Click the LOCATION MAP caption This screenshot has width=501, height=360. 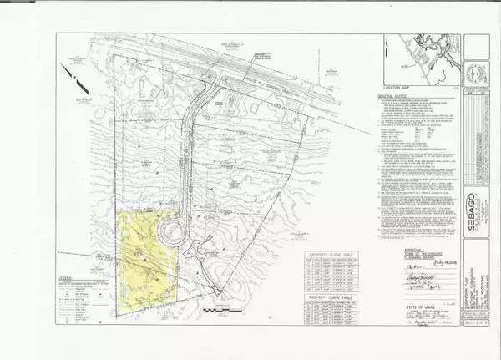pyautogui.click(x=395, y=86)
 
